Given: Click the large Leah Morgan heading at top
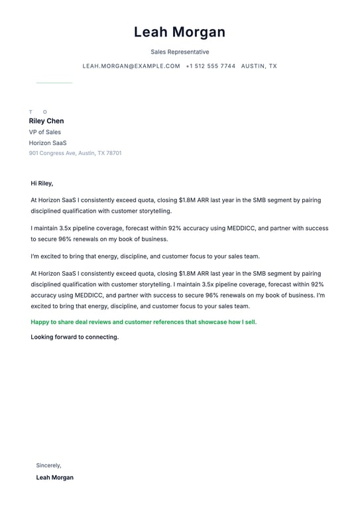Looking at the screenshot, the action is click(180, 32).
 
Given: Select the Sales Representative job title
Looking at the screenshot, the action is click(180, 52).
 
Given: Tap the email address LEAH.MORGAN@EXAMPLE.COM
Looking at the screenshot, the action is click(131, 66).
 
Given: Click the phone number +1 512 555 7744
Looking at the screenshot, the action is click(210, 66).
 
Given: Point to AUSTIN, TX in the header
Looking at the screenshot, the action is click(259, 66).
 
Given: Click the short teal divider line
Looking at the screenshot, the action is click(54, 83).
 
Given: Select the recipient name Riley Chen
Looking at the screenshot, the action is click(46, 121).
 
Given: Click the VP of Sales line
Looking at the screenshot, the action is click(44, 132).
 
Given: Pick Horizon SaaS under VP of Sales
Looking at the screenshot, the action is click(48, 142).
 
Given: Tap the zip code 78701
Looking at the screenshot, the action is click(114, 153).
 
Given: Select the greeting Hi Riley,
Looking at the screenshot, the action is click(42, 183).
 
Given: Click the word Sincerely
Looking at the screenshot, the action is click(48, 465).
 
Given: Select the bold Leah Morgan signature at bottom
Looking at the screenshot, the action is click(54, 477).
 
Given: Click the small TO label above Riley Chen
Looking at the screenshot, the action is click(38, 112).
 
